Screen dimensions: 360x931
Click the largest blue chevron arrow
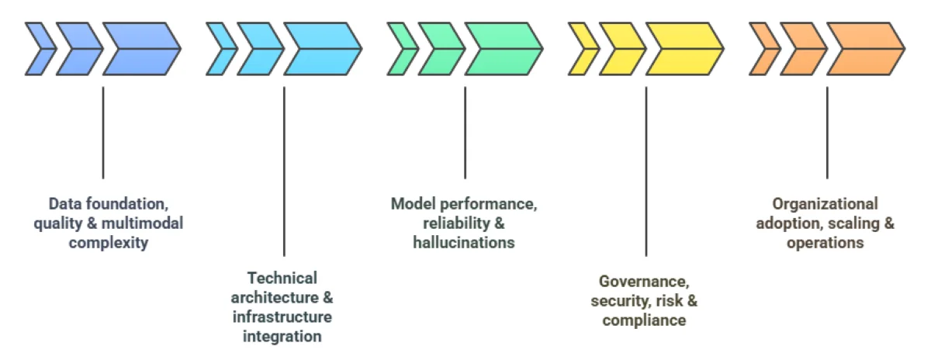(140, 49)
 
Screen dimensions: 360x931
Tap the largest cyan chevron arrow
(320, 49)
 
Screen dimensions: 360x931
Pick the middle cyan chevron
(260, 49)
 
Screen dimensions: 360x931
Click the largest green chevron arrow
(502, 49)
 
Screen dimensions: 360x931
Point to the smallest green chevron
(402, 49)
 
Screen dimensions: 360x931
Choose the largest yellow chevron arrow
(683, 49)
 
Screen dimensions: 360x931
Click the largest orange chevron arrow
(864, 49)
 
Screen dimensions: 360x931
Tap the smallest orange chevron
(764, 49)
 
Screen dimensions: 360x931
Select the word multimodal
(148, 223)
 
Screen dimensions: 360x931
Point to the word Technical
(282, 278)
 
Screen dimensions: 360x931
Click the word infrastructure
(282, 317)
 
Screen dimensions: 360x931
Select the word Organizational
(825, 204)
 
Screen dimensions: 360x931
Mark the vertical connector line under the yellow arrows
(645, 171)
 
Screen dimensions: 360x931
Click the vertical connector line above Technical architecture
(284, 171)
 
